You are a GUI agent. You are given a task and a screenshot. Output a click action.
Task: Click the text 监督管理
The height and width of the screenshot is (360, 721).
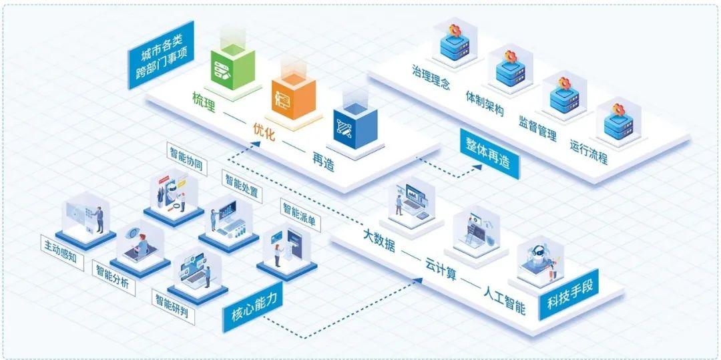coord(537,127)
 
